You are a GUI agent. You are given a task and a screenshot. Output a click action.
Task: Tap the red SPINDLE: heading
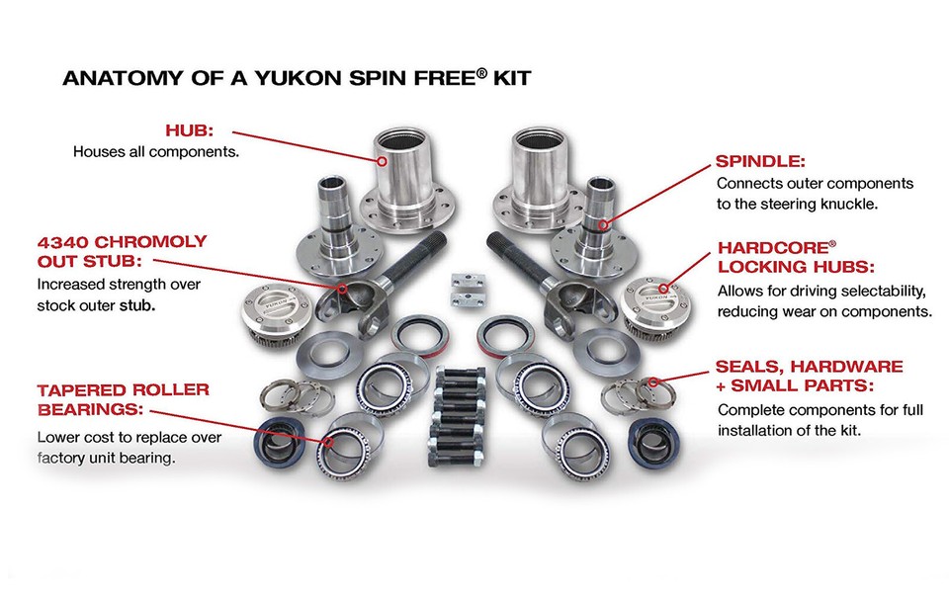click(761, 160)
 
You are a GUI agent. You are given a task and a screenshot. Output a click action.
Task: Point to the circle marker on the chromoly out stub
click(342, 290)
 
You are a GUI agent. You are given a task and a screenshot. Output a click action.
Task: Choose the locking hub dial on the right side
click(651, 297)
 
